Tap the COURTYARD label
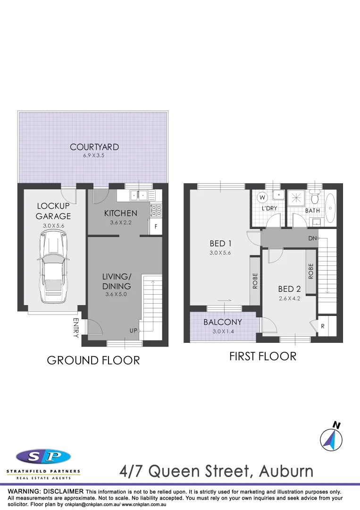[94, 147]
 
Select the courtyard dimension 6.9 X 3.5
[94, 155]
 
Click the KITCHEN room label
[121, 213]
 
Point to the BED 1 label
[221, 243]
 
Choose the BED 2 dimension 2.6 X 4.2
[289, 298]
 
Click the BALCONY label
[223, 323]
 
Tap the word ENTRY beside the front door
[76, 328]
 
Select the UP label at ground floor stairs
[134, 331]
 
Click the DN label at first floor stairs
[312, 238]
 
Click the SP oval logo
[43, 457]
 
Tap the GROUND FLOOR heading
[93, 360]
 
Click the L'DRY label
[270, 208]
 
